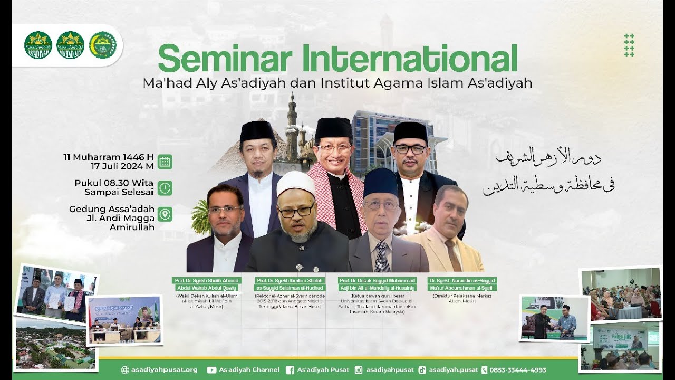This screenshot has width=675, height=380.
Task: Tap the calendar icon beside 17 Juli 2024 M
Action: point(165,161)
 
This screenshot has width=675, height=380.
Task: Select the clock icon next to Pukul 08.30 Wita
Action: point(165,188)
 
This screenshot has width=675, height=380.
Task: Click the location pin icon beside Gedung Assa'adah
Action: point(165,214)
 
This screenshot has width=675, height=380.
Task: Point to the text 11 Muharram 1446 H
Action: point(108,157)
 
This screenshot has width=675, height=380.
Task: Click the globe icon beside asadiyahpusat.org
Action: point(125,370)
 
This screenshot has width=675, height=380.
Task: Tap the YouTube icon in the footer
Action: point(211,370)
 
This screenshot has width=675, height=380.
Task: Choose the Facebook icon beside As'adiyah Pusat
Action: point(290,370)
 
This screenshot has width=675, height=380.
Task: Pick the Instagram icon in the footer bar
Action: point(359,370)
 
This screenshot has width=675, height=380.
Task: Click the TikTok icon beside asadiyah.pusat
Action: point(422,370)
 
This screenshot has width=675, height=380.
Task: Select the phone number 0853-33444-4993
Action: point(518,370)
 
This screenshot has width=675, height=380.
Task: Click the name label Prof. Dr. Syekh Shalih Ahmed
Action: point(206,281)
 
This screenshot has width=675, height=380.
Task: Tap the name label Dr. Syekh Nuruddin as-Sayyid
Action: point(462,281)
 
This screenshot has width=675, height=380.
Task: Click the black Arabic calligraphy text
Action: point(548,172)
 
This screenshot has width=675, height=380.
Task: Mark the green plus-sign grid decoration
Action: point(629,45)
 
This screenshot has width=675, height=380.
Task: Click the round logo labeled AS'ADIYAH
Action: point(38,45)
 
